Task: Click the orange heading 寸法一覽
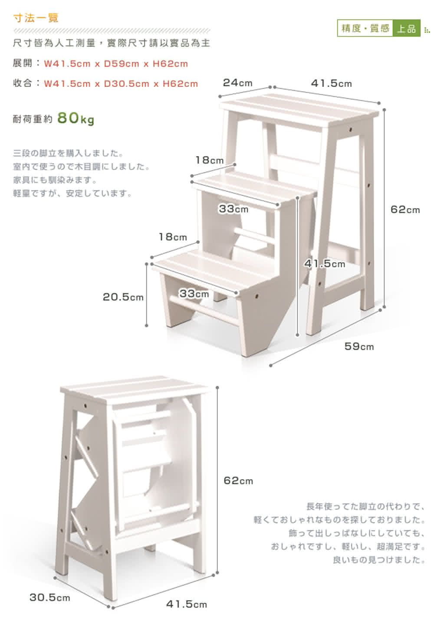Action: (36, 18)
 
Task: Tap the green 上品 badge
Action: (406, 28)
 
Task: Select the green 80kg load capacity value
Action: (76, 118)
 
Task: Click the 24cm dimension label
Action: (238, 82)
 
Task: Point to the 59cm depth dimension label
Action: (359, 346)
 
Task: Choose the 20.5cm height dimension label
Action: (123, 297)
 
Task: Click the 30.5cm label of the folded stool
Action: (49, 597)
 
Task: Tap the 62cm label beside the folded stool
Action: (239, 480)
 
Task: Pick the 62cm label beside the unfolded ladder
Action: (405, 209)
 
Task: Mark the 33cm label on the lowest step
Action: (194, 293)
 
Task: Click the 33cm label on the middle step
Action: (233, 208)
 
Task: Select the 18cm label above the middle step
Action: (209, 160)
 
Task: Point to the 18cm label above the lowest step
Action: (173, 237)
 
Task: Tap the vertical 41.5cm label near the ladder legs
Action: (325, 263)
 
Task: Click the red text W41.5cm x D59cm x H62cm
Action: (116, 64)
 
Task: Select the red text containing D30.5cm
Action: (121, 83)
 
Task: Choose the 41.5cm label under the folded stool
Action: (187, 604)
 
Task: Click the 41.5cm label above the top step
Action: (332, 83)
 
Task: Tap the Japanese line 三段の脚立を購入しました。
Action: (68, 153)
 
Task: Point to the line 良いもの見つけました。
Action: (379, 560)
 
